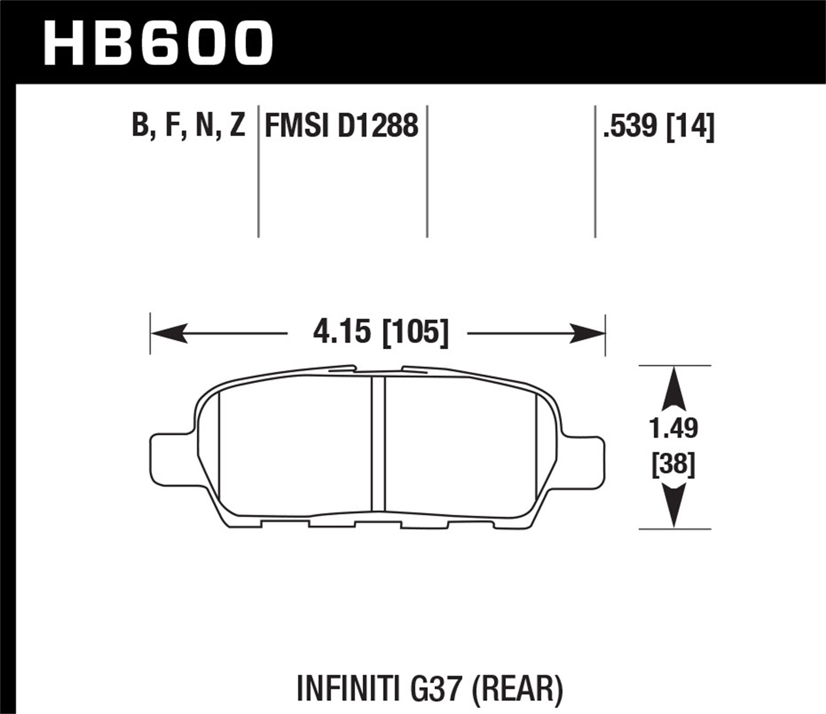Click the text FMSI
[293, 126]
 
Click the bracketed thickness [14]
[691, 126]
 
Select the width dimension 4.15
[341, 333]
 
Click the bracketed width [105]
[415, 333]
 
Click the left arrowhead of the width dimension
[169, 333]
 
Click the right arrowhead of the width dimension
[588, 333]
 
